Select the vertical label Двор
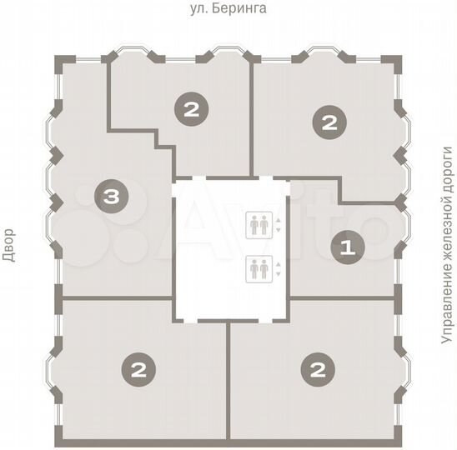(9, 247)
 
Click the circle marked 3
(111, 197)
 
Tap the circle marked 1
(348, 247)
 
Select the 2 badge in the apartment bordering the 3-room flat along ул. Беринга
(192, 108)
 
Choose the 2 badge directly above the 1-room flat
(329, 123)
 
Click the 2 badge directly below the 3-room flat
(138, 367)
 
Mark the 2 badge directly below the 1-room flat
(317, 367)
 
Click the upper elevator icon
(259, 224)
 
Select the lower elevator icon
(259, 269)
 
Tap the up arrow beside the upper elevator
(279, 220)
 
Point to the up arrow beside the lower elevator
(279, 265)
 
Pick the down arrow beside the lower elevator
(279, 273)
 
